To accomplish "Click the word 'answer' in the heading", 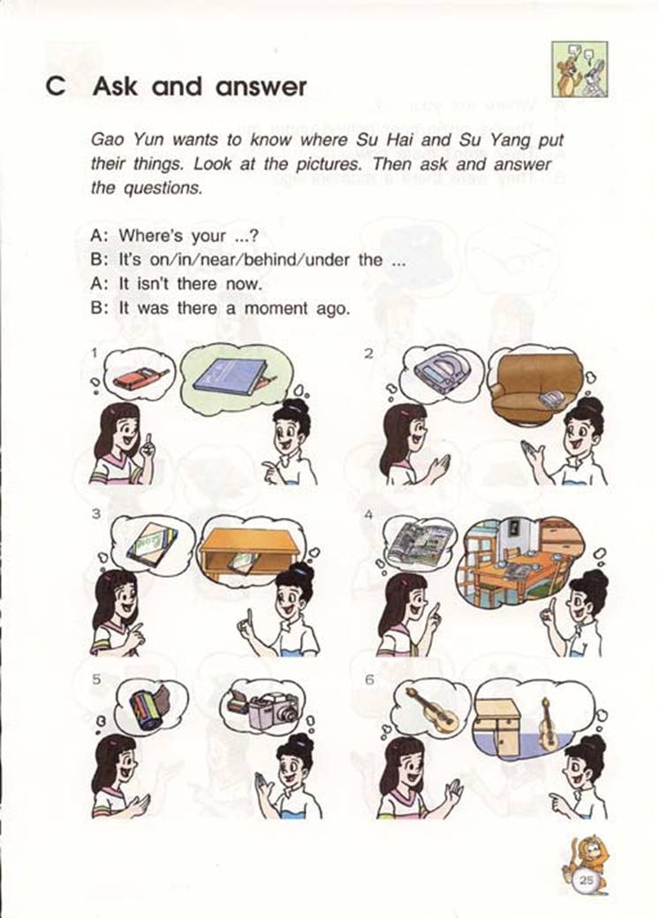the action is coord(261,87).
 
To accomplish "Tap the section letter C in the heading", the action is coord(56,87).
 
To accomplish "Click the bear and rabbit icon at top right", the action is coord(579,70).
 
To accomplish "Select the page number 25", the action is coord(586,879).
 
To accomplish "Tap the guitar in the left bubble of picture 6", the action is coord(436,708).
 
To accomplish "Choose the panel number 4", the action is coord(368,515).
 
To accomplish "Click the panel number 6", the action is coord(368,680).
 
